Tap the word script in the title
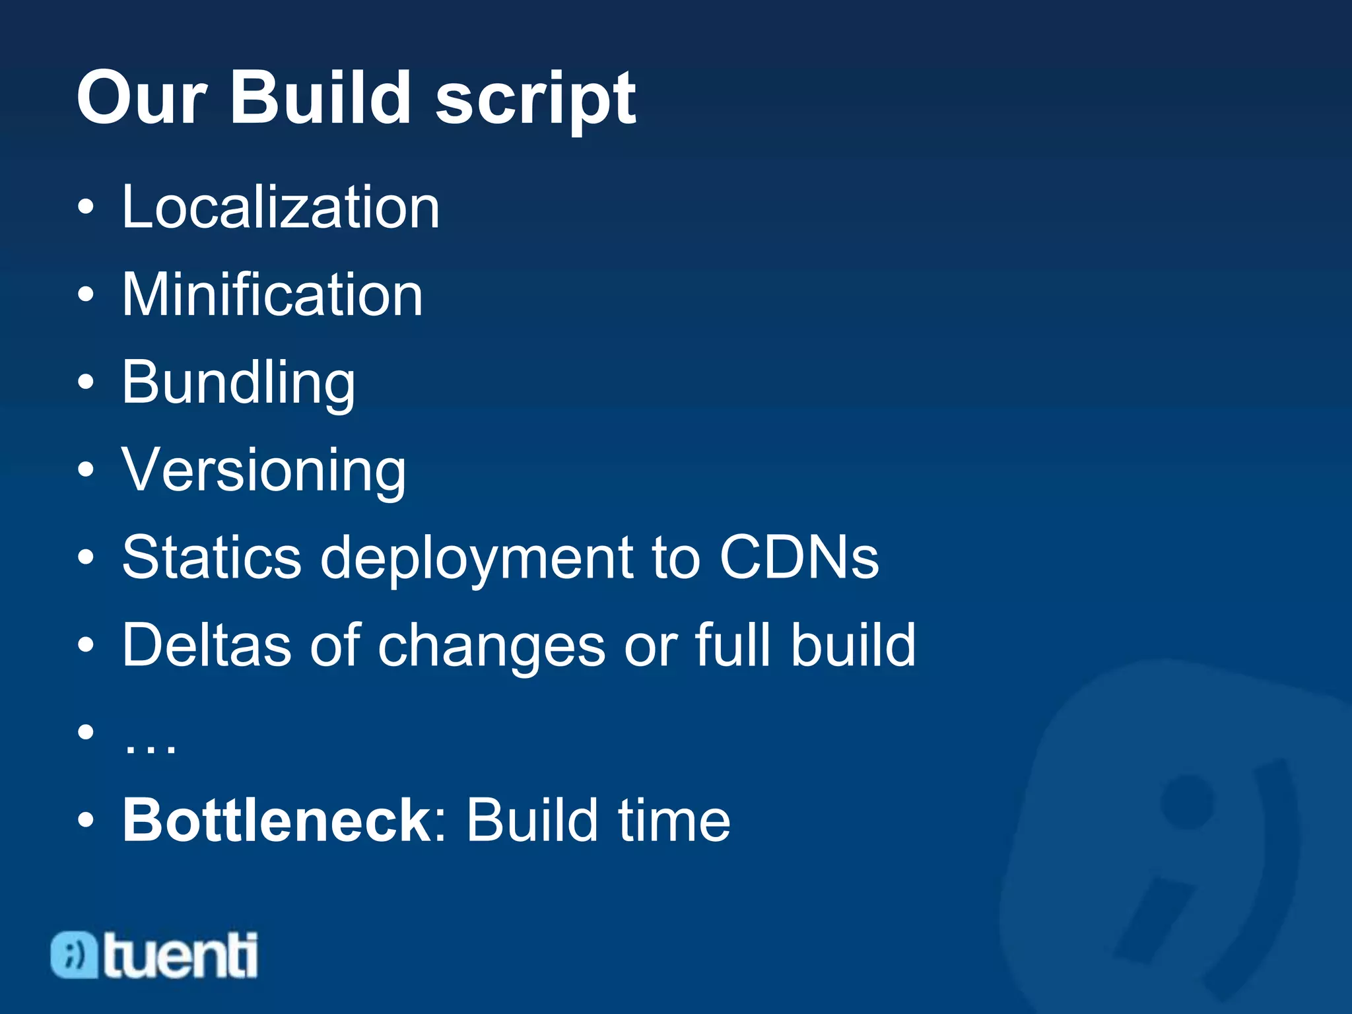[x=535, y=100]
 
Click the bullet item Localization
[x=281, y=207]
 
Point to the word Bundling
[x=238, y=383]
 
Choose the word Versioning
[x=264, y=470]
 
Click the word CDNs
[x=799, y=558]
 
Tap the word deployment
[x=477, y=560]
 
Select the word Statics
[x=212, y=558]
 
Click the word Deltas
[x=207, y=645]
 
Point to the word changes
[x=491, y=647]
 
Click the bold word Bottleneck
[x=277, y=820]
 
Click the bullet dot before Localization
[x=86, y=209]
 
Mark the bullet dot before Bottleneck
[x=86, y=821]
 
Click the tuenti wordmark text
[x=180, y=956]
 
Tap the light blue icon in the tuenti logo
[x=74, y=955]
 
